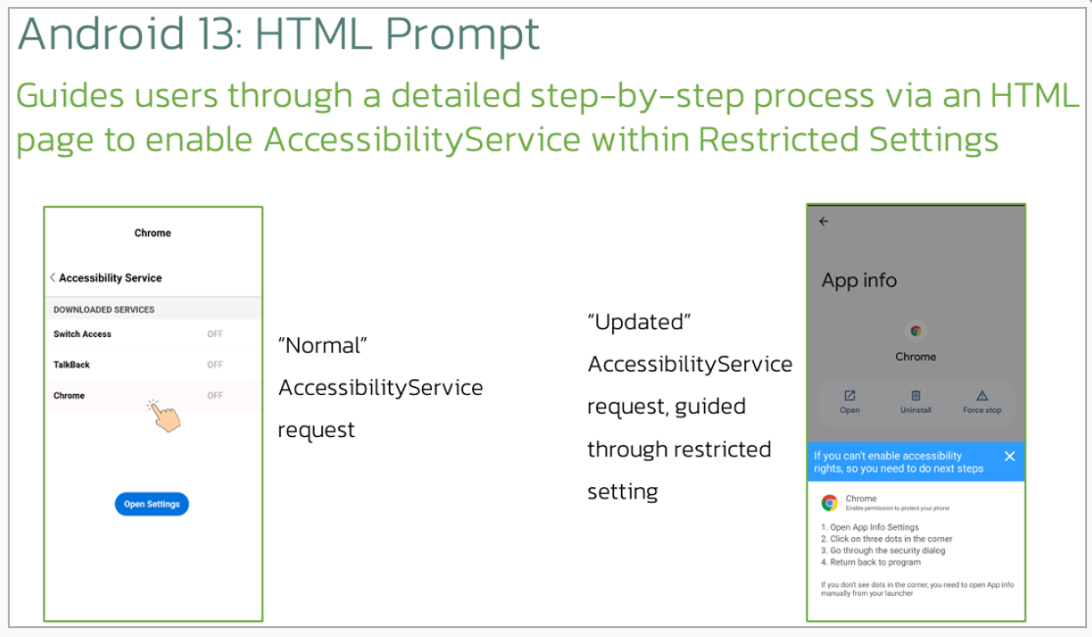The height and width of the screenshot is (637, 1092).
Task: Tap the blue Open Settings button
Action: (152, 504)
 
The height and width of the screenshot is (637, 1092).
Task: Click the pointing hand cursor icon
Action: (165, 416)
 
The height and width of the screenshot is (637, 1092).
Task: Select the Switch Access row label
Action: (82, 334)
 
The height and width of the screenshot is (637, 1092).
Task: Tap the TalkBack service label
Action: (71, 365)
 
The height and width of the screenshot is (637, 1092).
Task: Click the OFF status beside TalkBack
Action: (214, 365)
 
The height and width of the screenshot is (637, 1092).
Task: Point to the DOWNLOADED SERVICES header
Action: (104, 310)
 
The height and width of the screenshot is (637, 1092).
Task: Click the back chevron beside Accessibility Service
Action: (53, 277)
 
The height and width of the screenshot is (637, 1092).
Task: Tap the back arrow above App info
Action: (824, 220)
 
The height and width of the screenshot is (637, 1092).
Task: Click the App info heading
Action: (859, 280)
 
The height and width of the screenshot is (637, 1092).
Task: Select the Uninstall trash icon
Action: (916, 395)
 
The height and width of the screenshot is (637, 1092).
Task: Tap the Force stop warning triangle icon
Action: (982, 395)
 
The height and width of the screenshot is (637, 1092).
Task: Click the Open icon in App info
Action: (850, 395)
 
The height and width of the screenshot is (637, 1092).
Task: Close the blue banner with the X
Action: (1010, 456)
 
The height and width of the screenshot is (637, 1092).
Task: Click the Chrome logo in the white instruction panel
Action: (830, 503)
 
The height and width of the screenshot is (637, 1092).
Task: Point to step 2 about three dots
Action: (886, 539)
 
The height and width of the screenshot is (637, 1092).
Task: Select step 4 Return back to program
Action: (871, 562)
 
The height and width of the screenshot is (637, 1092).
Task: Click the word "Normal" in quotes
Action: (322, 345)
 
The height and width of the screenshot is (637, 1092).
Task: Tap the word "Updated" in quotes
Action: (640, 322)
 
